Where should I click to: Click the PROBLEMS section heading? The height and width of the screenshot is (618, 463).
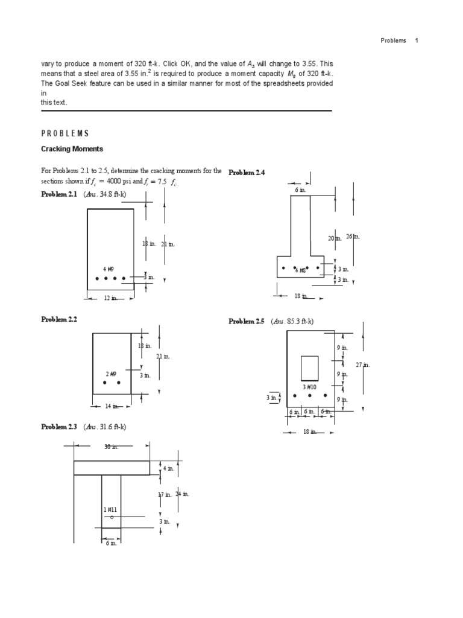tap(65, 133)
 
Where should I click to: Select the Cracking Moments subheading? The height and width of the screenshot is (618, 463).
tap(72, 148)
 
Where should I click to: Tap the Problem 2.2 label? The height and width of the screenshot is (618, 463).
tap(59, 319)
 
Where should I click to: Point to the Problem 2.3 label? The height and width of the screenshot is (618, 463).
tap(59, 427)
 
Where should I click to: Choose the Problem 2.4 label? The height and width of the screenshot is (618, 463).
tap(247, 173)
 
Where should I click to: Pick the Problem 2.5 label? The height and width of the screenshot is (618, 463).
tap(247, 322)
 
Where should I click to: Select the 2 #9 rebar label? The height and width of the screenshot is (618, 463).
tap(111, 374)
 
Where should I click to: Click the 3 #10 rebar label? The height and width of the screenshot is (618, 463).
tap(310, 387)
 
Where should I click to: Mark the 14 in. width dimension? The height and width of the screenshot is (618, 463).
tap(112, 406)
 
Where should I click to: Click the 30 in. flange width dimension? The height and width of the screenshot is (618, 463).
tap(112, 447)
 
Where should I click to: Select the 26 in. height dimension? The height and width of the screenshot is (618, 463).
tap(353, 237)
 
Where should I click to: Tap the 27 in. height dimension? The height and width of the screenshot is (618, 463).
tap(362, 365)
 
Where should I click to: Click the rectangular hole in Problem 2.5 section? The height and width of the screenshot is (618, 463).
tap(309, 367)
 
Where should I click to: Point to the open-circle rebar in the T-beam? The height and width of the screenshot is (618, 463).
tap(112, 517)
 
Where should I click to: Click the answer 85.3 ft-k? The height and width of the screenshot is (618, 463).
tap(292, 322)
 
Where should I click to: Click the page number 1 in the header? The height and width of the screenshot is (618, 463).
tap(416, 40)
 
